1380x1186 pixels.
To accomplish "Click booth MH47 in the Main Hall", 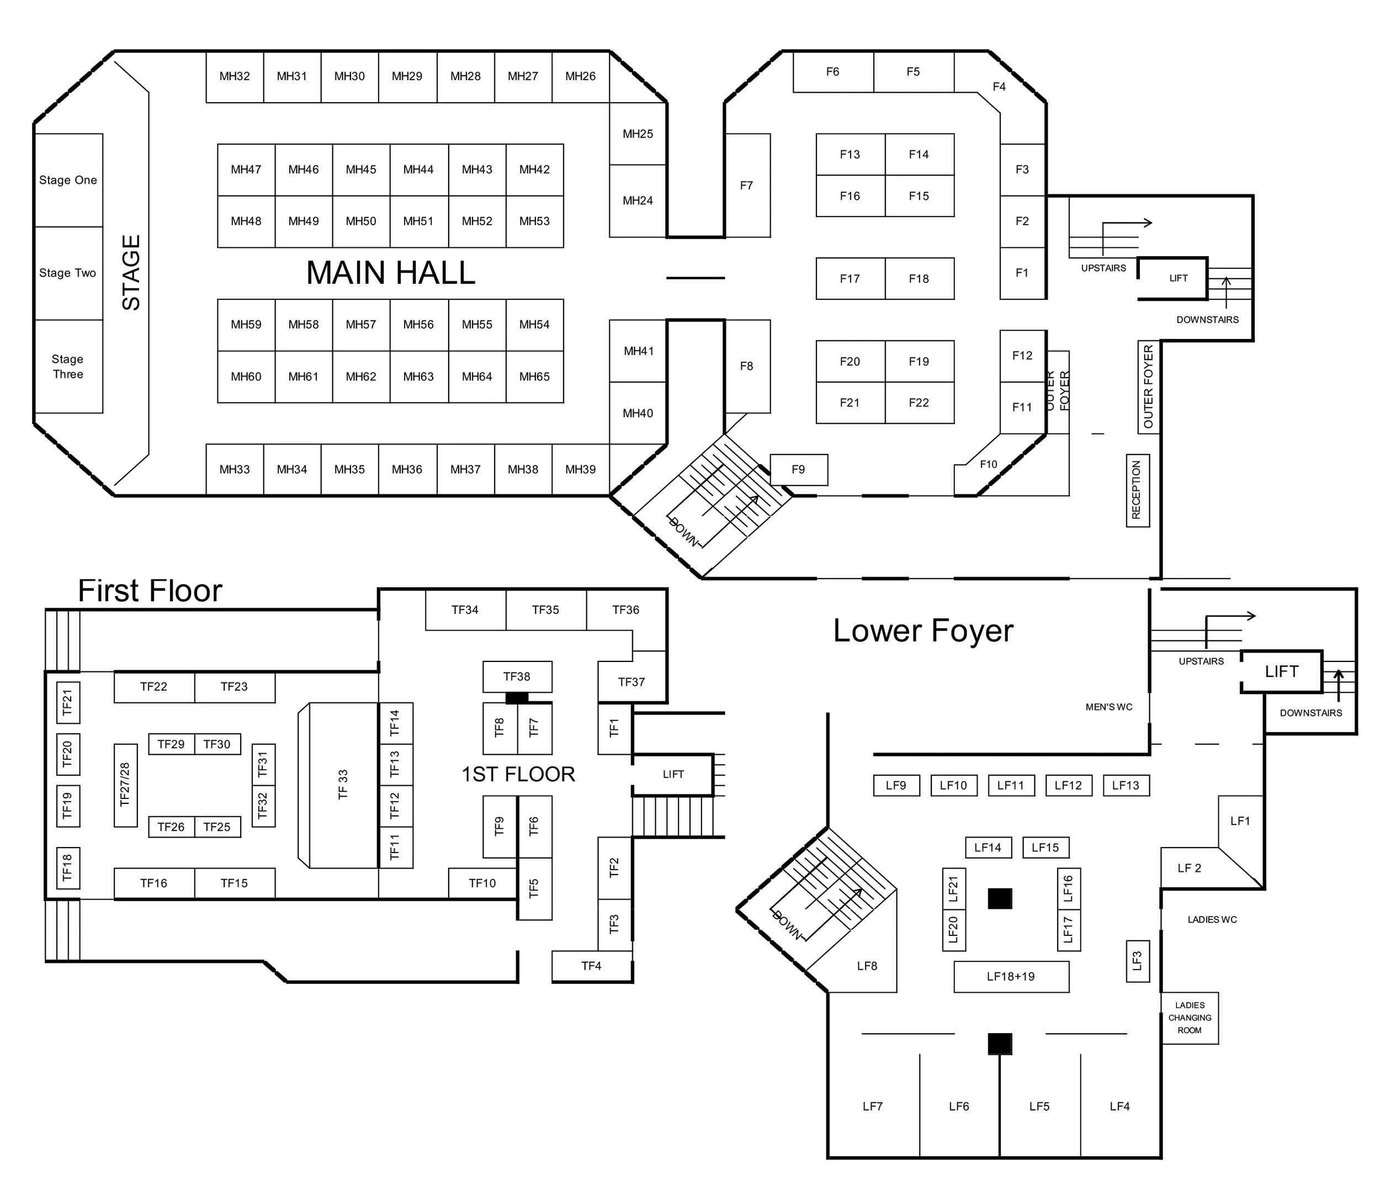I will (246, 170).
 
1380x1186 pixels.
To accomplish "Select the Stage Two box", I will (68, 273).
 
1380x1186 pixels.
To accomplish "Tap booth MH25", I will (638, 134).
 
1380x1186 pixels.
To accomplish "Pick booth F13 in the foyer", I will (850, 155).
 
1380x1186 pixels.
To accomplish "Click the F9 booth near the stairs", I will (799, 470).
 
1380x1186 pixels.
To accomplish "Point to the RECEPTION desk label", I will (1137, 490).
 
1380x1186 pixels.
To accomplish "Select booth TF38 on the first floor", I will (517, 677).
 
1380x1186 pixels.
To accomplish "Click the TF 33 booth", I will (343, 785).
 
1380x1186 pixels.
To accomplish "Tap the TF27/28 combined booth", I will (125, 785).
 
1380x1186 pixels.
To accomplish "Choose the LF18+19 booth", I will (1011, 977).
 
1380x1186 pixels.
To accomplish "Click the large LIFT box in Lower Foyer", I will (1281, 671).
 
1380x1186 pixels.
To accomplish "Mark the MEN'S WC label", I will (1109, 707).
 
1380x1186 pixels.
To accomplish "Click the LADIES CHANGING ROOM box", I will (1190, 1018).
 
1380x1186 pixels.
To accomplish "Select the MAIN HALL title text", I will (390, 273).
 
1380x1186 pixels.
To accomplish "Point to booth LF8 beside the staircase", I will (867, 966).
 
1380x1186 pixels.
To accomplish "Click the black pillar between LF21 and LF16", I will (1000, 899).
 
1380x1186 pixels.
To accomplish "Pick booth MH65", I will (534, 377).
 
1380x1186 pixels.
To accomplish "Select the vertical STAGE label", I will (131, 273).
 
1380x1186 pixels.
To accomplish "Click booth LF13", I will (1126, 786).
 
